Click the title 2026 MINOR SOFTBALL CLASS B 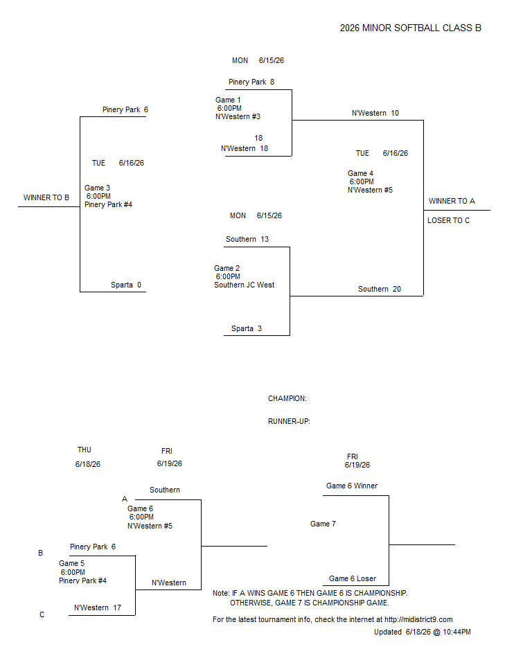(x=410, y=28)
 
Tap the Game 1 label (x=228, y=100)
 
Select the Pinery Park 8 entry (x=251, y=82)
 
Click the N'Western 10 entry (x=375, y=113)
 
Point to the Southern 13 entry (x=247, y=239)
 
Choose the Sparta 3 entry (x=247, y=328)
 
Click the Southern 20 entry (x=380, y=290)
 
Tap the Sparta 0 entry (x=126, y=285)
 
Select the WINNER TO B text (x=46, y=197)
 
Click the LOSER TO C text (x=448, y=220)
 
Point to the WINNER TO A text (x=452, y=201)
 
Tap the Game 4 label (x=360, y=173)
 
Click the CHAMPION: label (x=287, y=399)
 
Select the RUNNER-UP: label (x=289, y=422)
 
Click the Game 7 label (x=323, y=524)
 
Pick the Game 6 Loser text (x=353, y=579)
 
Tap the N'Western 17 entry (x=98, y=608)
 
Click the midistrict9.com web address (x=418, y=619)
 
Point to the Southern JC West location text (x=244, y=285)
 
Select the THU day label (x=84, y=450)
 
